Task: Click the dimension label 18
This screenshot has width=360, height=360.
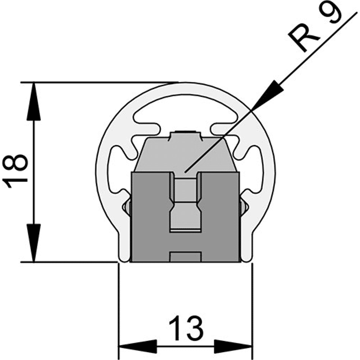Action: [x=15, y=171]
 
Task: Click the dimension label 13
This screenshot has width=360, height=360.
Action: [x=186, y=328]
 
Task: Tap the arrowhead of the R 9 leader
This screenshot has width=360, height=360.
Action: [x=268, y=94]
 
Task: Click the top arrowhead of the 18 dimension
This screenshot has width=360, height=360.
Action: [x=33, y=101]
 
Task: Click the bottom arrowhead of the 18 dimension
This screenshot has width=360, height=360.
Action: [x=33, y=243]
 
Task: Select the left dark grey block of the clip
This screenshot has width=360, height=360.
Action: [x=150, y=217]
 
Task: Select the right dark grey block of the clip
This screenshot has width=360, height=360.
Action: [x=220, y=217]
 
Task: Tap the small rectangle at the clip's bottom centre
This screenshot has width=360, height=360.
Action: [x=185, y=257]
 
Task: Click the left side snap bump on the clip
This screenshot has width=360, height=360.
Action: [x=126, y=207]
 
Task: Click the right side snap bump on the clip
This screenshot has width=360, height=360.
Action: [x=244, y=207]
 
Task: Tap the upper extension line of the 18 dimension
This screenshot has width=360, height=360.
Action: [x=99, y=82]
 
